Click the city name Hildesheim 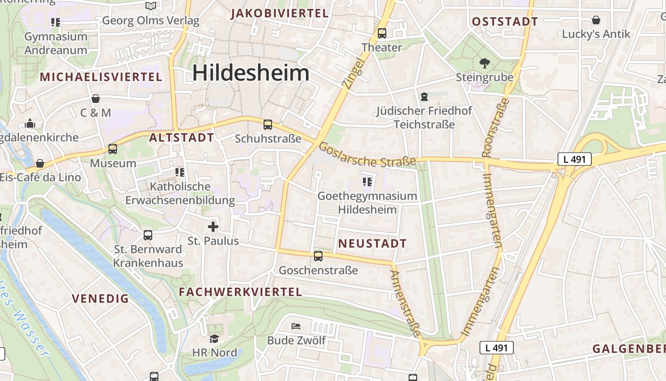[x=251, y=73]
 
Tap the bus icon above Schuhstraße [x=268, y=125]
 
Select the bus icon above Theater [x=382, y=33]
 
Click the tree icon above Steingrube [x=485, y=63]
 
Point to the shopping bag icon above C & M [x=96, y=99]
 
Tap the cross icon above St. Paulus [x=213, y=227]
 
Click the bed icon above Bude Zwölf [x=296, y=326]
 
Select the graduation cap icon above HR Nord [x=214, y=339]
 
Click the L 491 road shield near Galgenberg [x=496, y=348]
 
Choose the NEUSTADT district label [x=372, y=243]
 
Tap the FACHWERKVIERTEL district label [x=240, y=292]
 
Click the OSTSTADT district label [x=505, y=21]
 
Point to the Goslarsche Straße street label [x=367, y=155]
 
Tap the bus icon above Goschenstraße [x=318, y=256]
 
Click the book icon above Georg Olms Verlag [x=151, y=6]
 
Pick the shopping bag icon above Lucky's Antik [x=596, y=20]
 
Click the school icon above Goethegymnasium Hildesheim [x=367, y=181]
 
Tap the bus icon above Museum [x=113, y=149]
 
